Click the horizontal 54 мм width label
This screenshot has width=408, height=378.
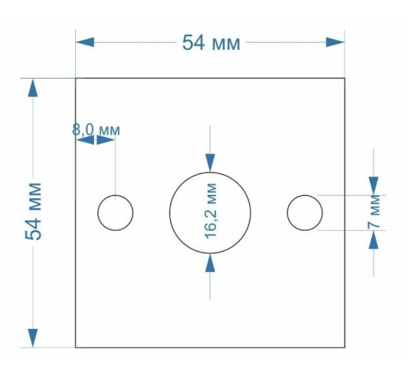pos(211,43)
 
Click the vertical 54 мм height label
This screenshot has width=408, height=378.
pos(34,211)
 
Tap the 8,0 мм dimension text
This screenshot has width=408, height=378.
pos(96,130)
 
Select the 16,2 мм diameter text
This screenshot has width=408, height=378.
pos(211,211)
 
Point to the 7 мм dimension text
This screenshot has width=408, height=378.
pos(374,212)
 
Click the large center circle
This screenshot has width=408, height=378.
pos(170,212)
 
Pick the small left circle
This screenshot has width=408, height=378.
pos(98,213)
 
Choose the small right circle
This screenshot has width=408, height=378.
pos(287,213)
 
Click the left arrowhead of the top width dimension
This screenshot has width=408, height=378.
pos(85,42)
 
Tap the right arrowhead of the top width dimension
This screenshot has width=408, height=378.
pos(335,42)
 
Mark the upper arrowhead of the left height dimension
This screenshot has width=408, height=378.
pos(33,88)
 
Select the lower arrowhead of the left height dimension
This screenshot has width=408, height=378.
pos(33,338)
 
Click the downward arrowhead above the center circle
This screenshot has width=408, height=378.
pos(210,163)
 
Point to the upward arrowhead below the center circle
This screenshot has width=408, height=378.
pos(210,263)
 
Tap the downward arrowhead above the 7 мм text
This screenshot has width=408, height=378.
pos(374,186)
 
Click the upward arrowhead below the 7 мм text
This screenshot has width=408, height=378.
pos(374,239)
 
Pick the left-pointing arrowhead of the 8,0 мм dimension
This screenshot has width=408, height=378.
pos(85,140)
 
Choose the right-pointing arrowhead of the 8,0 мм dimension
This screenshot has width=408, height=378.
pos(106,140)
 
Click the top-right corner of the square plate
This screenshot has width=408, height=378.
pos(345,78)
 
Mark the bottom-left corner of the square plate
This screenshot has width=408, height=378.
pos(76,347)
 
